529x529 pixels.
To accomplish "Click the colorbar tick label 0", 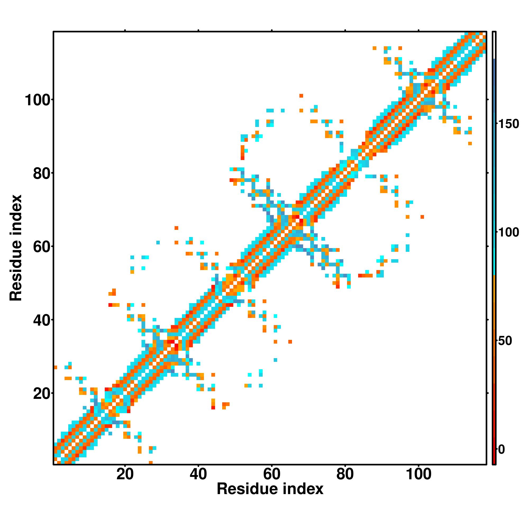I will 501,449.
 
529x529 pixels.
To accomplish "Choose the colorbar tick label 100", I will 508,232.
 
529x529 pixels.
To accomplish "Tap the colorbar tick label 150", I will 508,124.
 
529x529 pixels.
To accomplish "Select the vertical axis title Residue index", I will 16,248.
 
